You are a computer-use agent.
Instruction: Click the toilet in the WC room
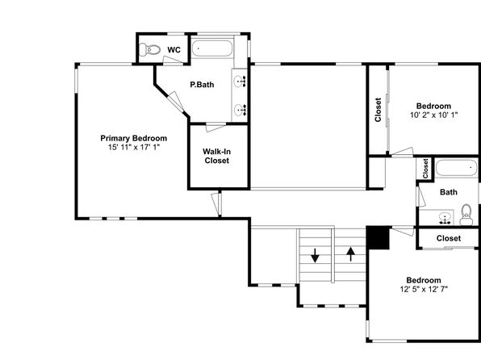click(149, 49)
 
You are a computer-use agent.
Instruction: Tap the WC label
click(174, 50)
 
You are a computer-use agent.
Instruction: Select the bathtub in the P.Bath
click(212, 48)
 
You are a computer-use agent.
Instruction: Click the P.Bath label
click(202, 85)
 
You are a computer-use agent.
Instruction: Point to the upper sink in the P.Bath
click(240, 82)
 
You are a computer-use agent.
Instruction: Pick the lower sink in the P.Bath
click(240, 110)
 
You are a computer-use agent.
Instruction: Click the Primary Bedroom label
click(134, 138)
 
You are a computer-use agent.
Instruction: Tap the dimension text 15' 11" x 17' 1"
click(134, 148)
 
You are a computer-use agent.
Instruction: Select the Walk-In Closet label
click(217, 156)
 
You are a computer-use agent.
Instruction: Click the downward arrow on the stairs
click(315, 255)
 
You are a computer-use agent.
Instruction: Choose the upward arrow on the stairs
click(350, 254)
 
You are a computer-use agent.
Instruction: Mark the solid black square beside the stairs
click(379, 238)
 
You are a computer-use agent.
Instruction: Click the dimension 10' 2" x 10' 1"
click(433, 115)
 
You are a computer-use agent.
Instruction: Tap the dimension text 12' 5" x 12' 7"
click(424, 289)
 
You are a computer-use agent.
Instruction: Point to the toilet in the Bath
click(466, 215)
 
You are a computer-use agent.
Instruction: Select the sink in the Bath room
click(445, 218)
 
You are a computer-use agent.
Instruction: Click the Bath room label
click(449, 192)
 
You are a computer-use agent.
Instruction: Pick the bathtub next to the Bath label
click(456, 168)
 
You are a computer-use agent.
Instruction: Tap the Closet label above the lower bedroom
click(449, 238)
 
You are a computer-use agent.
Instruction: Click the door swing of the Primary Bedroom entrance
click(216, 203)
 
